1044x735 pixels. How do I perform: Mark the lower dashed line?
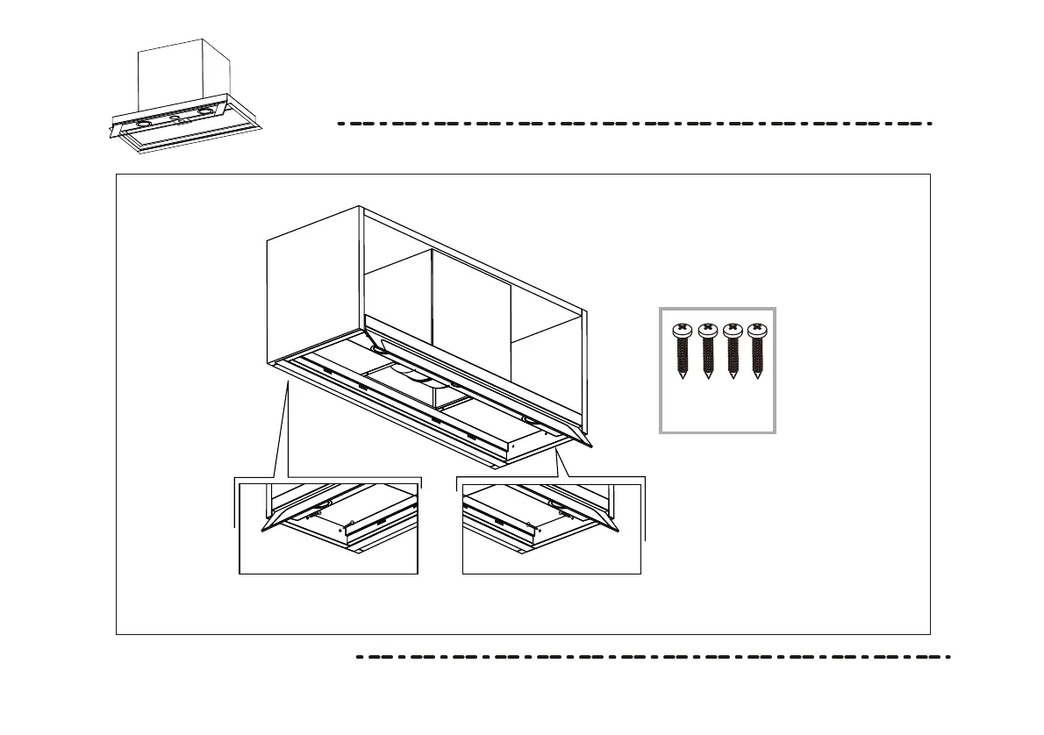pos(653,656)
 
